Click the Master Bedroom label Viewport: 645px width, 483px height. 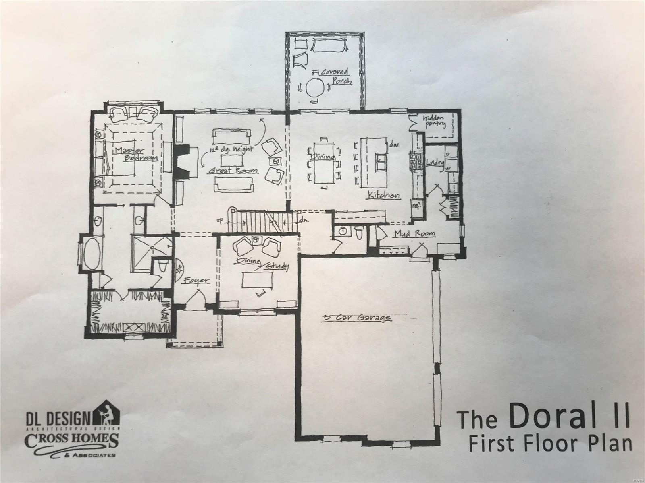(x=135, y=154)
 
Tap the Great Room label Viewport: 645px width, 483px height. (x=233, y=171)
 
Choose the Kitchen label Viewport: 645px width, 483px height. (x=383, y=195)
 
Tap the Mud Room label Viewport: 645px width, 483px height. (x=414, y=233)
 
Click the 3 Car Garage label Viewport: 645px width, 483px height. (x=356, y=318)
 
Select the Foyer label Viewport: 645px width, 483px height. (x=197, y=281)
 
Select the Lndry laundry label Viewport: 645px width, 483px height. (x=435, y=163)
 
